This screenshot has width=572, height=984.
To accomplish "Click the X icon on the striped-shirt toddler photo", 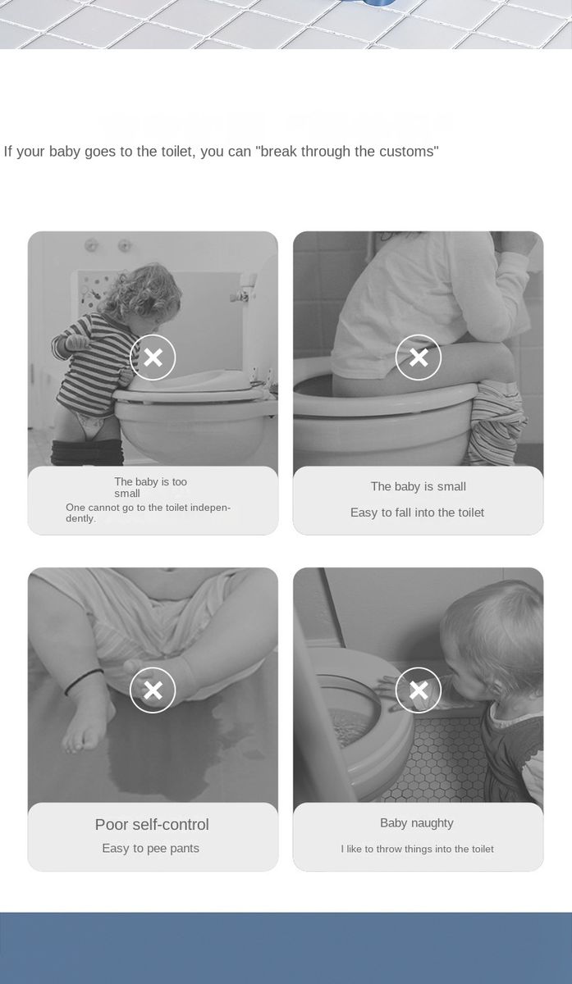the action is tap(153, 358).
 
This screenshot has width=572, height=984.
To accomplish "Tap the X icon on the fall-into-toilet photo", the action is tap(418, 358).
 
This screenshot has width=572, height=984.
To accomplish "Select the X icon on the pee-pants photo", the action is tap(153, 690).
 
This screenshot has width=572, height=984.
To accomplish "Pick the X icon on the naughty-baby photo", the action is tap(418, 690).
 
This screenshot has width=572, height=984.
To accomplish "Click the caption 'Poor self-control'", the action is tap(152, 825).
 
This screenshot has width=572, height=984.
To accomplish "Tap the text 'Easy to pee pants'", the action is tap(150, 848).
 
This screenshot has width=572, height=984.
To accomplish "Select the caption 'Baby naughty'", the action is tap(416, 822).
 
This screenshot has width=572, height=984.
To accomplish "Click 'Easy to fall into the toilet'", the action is tap(417, 512).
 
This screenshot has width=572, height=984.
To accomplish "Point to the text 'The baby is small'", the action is tap(418, 486).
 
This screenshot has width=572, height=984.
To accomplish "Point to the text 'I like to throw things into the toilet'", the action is tap(417, 849).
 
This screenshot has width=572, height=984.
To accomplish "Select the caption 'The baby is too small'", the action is tap(150, 487).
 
